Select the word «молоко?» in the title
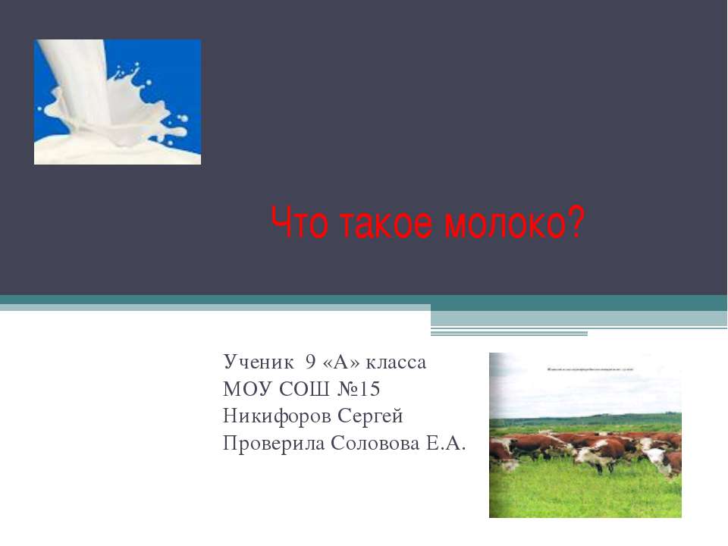point(516,224)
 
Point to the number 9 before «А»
point(310,362)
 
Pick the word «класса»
point(397,362)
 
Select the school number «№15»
point(358,390)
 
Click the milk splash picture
point(118,102)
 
